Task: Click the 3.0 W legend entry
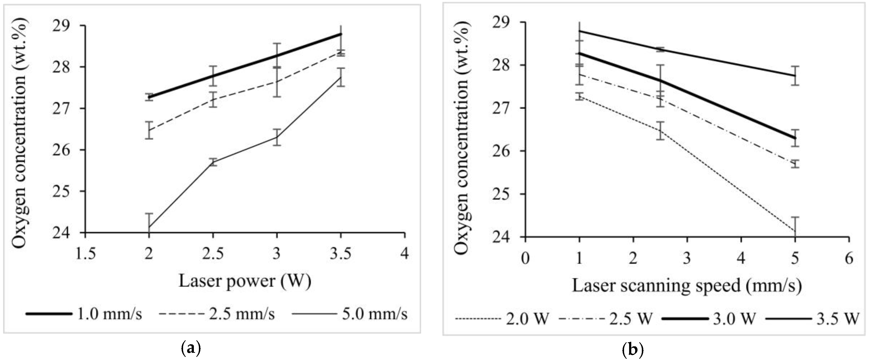pyautogui.click(x=709, y=319)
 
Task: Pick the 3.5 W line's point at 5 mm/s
pyautogui.click(x=795, y=76)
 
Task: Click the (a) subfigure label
pyautogui.click(x=191, y=348)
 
